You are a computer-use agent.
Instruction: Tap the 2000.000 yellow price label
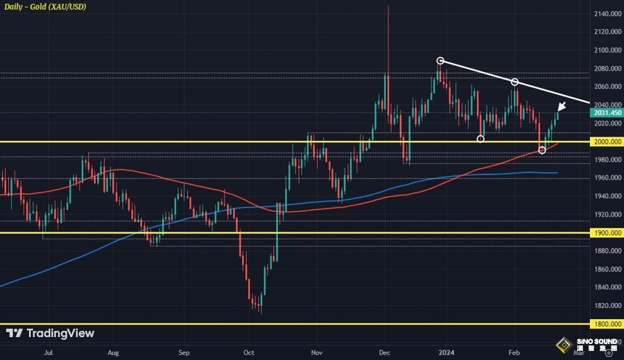coord(606,142)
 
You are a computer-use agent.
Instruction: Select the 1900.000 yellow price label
coord(606,233)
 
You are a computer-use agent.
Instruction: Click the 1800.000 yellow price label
coord(606,324)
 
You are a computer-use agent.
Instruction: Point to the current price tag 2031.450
coord(606,112)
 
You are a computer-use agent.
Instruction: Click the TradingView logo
coord(50,334)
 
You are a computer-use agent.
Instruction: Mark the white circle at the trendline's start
coord(440,60)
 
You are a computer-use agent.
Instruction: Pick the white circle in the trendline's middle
coord(515,82)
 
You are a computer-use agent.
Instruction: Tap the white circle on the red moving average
coord(541,150)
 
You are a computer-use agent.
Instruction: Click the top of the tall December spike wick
coord(388,6)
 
